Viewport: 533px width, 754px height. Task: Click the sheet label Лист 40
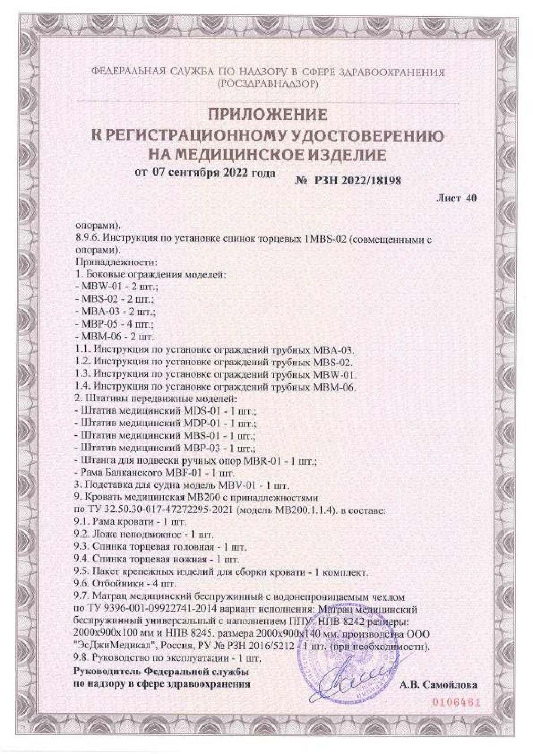(x=456, y=198)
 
